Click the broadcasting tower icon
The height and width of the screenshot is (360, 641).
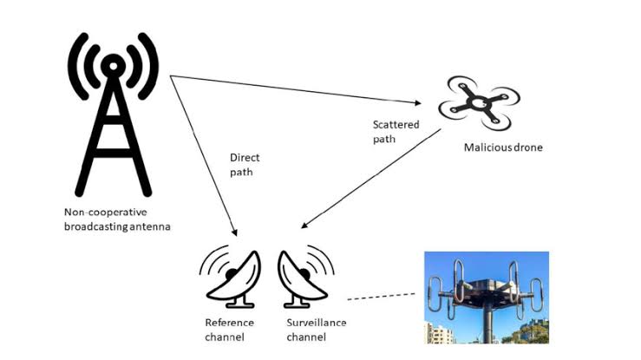coord(114,115)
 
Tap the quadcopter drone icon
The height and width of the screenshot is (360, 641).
coord(479,102)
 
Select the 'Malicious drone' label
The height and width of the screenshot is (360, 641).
coord(503,147)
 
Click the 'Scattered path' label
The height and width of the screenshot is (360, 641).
coord(396,132)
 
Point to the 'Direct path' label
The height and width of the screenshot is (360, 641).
coord(245,165)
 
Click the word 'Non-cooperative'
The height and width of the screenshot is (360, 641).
coord(106,213)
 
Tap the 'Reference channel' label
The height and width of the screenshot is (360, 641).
coord(229,330)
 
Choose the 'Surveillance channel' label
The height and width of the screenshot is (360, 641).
coord(316,330)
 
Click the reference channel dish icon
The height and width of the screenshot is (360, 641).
coord(231,277)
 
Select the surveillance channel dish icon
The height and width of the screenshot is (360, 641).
coord(306,277)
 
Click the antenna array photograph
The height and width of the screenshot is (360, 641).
coord(487,298)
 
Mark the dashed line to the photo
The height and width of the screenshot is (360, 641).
coord(381,297)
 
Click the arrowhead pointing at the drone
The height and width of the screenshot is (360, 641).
coord(418,103)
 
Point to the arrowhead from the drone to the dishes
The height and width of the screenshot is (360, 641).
coord(304,226)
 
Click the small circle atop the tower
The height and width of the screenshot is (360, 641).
coord(114,66)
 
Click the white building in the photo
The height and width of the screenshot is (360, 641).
coord(439,333)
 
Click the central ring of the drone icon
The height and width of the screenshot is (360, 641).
coord(477,102)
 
